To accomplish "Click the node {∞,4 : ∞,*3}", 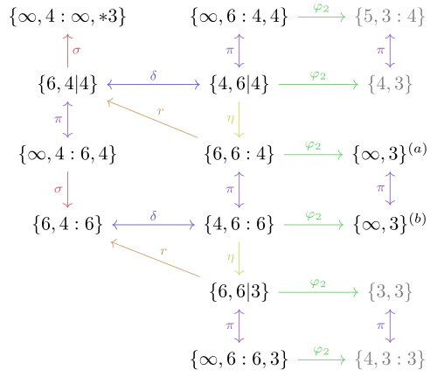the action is click(x=67, y=17).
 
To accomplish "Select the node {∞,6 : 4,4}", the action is click(x=239, y=17).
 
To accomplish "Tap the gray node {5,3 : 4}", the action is click(x=390, y=17).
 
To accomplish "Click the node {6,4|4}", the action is click(x=67, y=84).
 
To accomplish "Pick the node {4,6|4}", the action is click(x=239, y=84).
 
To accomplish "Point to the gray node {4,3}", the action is click(x=390, y=84).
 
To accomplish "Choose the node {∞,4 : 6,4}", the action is click(x=67, y=154).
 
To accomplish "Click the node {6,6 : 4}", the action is click(x=239, y=154).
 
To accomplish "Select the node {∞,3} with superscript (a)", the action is click(x=390, y=153).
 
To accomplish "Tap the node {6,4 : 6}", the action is click(x=67, y=225).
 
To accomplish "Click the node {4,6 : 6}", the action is click(x=239, y=225).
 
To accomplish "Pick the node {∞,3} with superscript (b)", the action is click(x=390, y=223).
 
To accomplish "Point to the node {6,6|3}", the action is click(x=239, y=292).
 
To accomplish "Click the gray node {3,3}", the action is click(x=390, y=292).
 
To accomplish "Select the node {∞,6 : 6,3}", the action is click(x=239, y=360).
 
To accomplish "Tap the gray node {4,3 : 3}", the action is click(x=390, y=360).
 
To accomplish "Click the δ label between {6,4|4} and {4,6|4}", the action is click(x=153, y=75).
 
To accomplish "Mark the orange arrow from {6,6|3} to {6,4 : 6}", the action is click(x=156, y=259).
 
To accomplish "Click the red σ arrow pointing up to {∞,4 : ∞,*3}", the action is click(x=67, y=51).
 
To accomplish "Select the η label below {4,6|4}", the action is click(x=231, y=118).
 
